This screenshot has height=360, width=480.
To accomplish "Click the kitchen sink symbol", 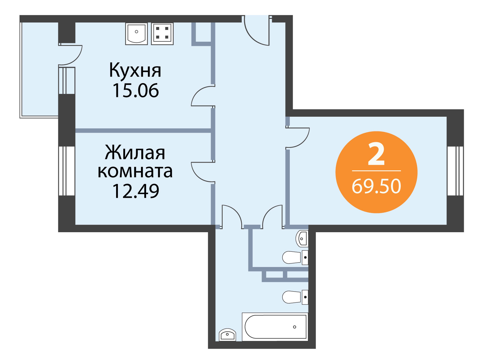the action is point(136,34).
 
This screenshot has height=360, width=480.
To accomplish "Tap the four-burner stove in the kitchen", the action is point(162,34).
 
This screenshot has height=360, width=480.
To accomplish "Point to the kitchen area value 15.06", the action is point(136,91).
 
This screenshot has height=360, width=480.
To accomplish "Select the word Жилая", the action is point(135,152).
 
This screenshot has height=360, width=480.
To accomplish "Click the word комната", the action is point(135,172).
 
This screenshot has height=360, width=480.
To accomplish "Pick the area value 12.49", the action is point(136,191).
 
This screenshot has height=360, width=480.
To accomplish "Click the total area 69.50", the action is point(376,186).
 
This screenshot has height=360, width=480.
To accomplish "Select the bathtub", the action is point(275,327).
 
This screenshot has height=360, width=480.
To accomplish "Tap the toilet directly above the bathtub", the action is point(295,297).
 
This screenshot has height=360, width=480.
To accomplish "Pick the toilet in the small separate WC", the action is point(295,257).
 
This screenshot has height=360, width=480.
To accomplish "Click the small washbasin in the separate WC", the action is point(302,239).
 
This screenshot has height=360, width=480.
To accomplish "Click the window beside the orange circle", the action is point(455,171).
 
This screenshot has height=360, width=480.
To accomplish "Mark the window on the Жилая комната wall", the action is point(67,171).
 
